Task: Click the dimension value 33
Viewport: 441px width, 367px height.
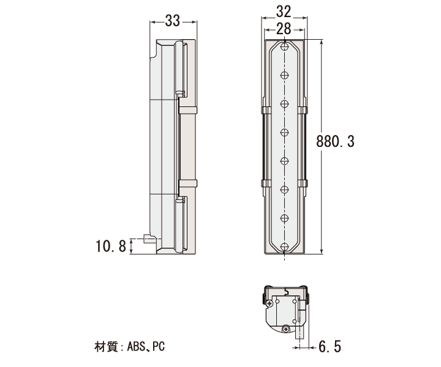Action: pyautogui.click(x=172, y=21)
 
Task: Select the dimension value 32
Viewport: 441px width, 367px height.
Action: pyautogui.click(x=284, y=12)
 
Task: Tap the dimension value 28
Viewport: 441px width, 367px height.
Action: pyautogui.click(x=284, y=29)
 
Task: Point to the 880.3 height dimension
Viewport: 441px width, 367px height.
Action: pyautogui.click(x=335, y=141)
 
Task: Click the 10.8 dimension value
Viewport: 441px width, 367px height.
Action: pyautogui.click(x=111, y=247)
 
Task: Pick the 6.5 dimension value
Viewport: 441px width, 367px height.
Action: pyautogui.click(x=330, y=346)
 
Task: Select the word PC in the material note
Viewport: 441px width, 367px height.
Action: pyautogui.click(x=159, y=346)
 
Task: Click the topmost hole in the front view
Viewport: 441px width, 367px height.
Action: pyautogui.click(x=285, y=46)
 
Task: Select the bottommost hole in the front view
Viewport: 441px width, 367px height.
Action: pyautogui.click(x=285, y=247)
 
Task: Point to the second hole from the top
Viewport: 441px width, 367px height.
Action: pyautogui.click(x=285, y=75)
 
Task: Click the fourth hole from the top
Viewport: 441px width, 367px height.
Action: pyautogui.click(x=285, y=132)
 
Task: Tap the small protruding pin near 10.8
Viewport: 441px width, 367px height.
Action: pyautogui.click(x=147, y=239)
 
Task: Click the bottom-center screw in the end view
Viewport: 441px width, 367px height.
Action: pyautogui.click(x=286, y=329)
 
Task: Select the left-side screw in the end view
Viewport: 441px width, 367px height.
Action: pyautogui.click(x=269, y=303)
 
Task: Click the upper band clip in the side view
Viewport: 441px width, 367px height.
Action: pyautogui.click(x=188, y=110)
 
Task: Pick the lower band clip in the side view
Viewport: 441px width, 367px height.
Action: pyautogui.click(x=188, y=183)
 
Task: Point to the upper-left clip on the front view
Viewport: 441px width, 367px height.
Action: pyautogui.click(x=266, y=110)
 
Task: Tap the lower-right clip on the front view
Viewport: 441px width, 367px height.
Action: pyautogui.click(x=303, y=183)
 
